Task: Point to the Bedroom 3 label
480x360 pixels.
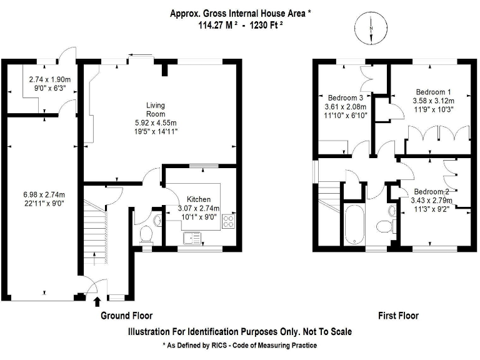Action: pos(346,98)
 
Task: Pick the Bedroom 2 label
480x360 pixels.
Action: pos(432,191)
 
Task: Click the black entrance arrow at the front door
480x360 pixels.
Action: pos(97,302)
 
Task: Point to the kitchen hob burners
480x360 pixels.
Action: pos(227,221)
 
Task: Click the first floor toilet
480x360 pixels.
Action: pos(382,225)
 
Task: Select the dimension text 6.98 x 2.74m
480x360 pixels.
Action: pos(44,194)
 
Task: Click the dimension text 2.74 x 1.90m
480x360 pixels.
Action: pos(50,80)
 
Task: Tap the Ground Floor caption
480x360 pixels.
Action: pos(126,316)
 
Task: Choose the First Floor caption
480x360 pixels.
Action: pos(398,316)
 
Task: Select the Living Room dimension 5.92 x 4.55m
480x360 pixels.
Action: pos(156,123)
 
